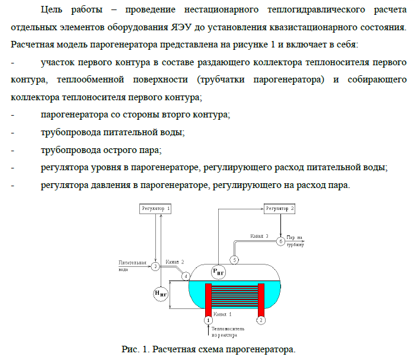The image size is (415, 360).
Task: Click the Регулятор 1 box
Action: coord(155,209)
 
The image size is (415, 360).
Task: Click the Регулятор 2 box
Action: coord(279,209)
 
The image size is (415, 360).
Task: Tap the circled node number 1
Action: coord(208,320)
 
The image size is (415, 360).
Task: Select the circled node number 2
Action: coord(261,320)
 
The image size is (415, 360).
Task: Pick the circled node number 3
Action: coord(155,266)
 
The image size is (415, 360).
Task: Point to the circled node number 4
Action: coord(186,276)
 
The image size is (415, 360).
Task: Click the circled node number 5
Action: coord(235,260)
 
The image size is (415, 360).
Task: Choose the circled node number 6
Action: coord(281,241)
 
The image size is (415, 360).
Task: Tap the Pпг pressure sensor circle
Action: coord(219,272)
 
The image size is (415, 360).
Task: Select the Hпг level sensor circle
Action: coord(161,294)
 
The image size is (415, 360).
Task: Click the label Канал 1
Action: coord(222,314)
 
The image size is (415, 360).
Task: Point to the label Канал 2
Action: coord(175,262)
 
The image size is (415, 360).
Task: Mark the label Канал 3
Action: coord(260,236)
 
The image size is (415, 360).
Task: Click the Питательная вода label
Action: coord(132,266)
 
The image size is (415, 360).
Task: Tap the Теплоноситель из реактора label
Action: coord(228,332)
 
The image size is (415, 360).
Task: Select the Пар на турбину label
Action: coord(295,241)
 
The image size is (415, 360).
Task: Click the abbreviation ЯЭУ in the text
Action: coord(181,27)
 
